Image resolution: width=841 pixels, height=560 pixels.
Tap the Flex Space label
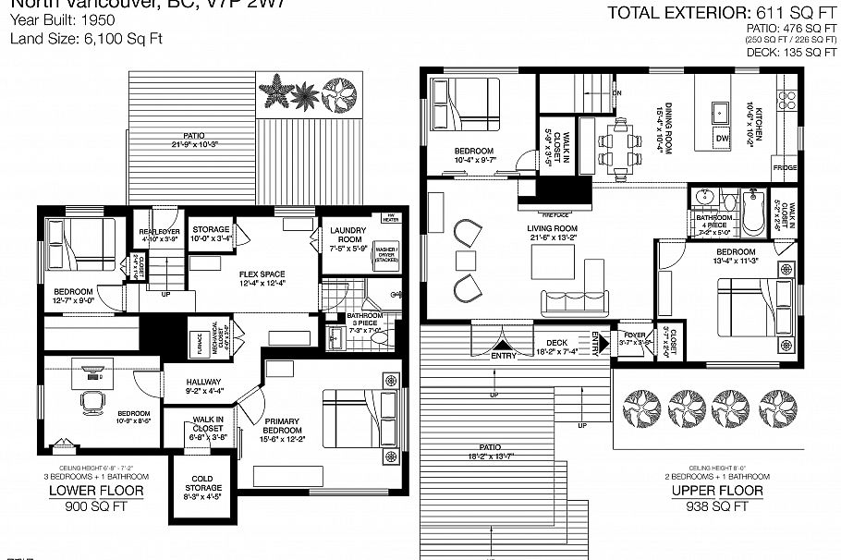(x=262, y=274)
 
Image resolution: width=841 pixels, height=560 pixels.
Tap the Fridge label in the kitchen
(x=785, y=167)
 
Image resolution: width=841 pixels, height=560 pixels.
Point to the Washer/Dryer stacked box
(x=384, y=256)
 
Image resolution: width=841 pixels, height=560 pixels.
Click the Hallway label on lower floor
(x=203, y=381)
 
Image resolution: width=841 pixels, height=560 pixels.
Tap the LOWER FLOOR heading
(x=96, y=491)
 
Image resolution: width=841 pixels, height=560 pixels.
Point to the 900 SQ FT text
(x=96, y=507)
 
